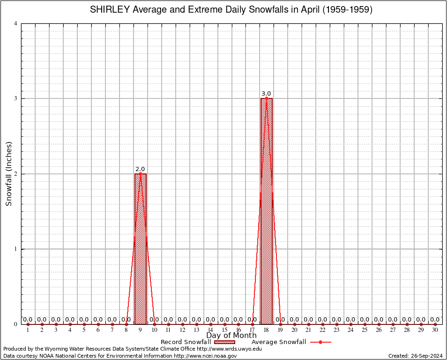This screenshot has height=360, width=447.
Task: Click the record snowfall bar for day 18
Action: click(x=267, y=211)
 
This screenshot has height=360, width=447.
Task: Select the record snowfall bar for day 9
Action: click(x=141, y=248)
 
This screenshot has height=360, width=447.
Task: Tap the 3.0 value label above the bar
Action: click(x=266, y=94)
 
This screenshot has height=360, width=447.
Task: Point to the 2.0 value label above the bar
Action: click(x=140, y=169)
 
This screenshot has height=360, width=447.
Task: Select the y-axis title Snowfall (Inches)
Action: click(x=8, y=174)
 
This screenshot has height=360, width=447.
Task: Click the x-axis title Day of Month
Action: click(x=231, y=335)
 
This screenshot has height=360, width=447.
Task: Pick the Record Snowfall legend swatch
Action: click(x=224, y=342)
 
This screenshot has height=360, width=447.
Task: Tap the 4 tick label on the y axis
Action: click(x=16, y=23)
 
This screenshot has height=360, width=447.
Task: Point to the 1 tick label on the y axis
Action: click(x=16, y=249)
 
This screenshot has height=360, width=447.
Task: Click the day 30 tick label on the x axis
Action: click(x=435, y=330)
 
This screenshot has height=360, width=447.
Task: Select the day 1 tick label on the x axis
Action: click(x=28, y=330)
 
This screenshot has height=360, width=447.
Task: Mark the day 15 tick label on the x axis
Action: click(x=224, y=330)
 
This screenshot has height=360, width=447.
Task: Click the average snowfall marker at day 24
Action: click(x=351, y=324)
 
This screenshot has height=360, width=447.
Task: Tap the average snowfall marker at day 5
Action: click(x=84, y=324)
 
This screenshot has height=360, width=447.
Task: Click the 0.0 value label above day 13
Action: click(x=196, y=320)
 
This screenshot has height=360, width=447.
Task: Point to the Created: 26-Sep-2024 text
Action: click(x=415, y=356)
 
